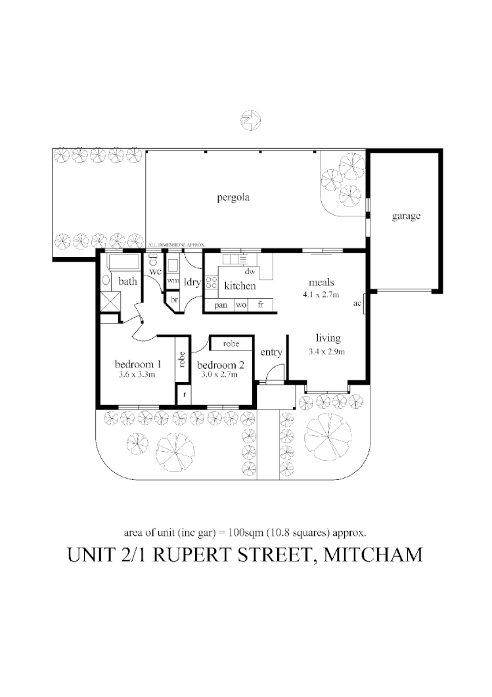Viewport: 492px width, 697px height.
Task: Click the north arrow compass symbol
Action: [x=250, y=120]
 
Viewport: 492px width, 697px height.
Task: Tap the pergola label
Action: [x=234, y=197]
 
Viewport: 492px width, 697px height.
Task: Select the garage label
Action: [x=406, y=216]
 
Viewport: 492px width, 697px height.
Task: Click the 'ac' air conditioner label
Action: [x=357, y=303]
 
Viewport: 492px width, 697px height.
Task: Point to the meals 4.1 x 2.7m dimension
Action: [x=321, y=295]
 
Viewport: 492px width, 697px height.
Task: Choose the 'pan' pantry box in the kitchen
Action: [x=220, y=306]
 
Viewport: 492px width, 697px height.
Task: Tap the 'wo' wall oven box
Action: [x=241, y=306]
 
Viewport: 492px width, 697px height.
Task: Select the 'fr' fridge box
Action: [x=261, y=306]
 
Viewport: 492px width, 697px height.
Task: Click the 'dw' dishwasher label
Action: [x=250, y=271]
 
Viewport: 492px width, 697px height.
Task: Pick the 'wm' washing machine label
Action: [x=173, y=280]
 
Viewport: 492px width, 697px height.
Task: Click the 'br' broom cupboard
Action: [x=173, y=299]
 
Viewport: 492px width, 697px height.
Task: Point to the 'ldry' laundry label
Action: [x=192, y=283]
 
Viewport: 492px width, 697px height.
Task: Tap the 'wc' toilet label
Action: [x=155, y=271]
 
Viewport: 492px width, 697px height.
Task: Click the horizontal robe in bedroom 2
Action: [x=230, y=344]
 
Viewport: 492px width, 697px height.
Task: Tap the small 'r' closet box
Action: [x=185, y=395]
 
